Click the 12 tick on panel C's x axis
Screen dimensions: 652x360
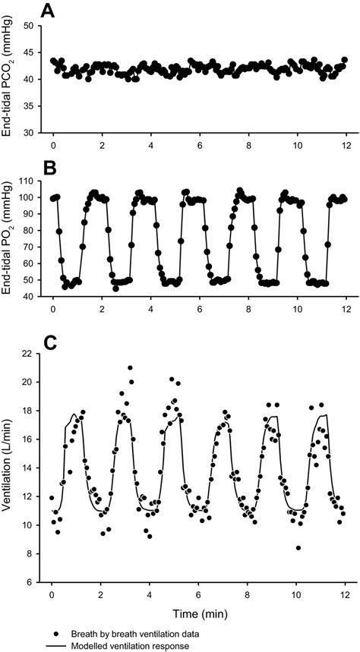tap(346, 594)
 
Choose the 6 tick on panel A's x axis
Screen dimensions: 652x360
tap(199, 144)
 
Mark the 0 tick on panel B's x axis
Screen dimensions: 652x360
tap(52, 308)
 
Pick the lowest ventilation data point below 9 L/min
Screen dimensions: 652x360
tap(298, 547)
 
